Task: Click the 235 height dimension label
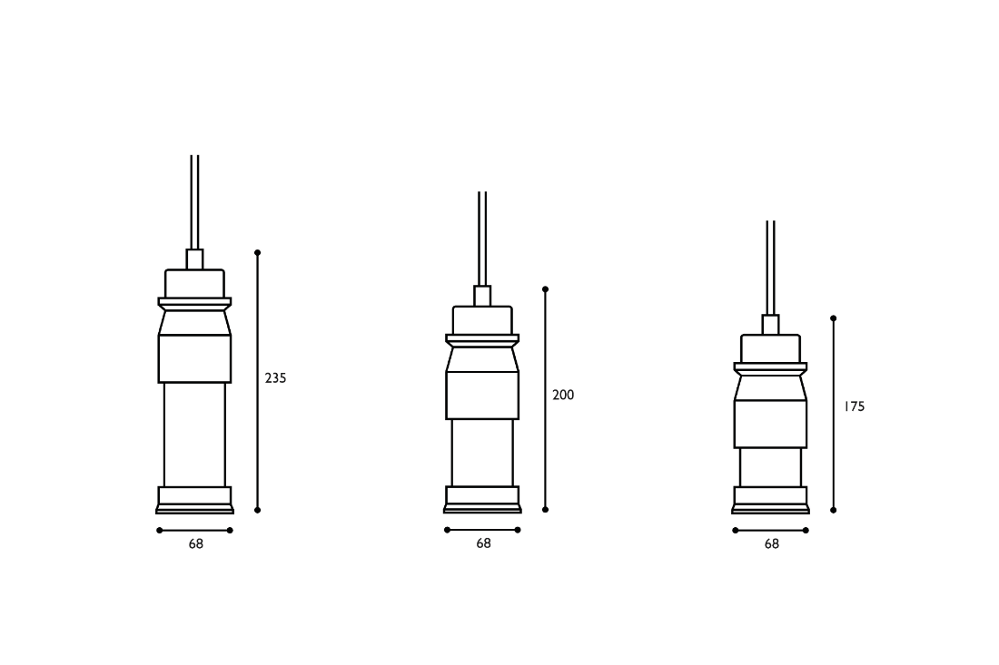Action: tap(276, 378)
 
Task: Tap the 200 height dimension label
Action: tap(563, 396)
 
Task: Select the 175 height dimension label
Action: tap(855, 406)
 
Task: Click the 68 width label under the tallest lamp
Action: tap(195, 544)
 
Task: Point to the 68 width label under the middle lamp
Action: tap(483, 543)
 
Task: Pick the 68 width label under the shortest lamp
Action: tap(772, 544)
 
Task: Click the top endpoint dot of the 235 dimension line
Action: tap(257, 252)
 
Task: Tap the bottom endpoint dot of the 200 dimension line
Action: tap(546, 509)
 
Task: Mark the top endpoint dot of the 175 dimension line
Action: tap(834, 318)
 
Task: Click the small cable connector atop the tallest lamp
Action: tap(194, 259)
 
